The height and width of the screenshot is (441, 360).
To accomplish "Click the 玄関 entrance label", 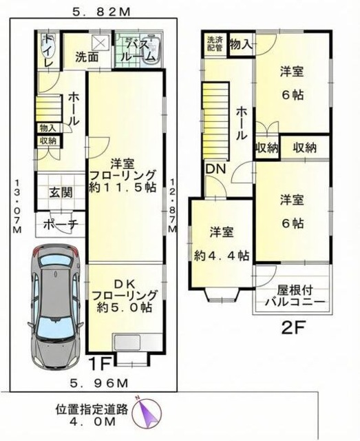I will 60,193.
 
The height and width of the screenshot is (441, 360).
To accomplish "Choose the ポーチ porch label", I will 60,224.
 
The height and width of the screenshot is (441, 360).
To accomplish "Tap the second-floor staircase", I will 216,117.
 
